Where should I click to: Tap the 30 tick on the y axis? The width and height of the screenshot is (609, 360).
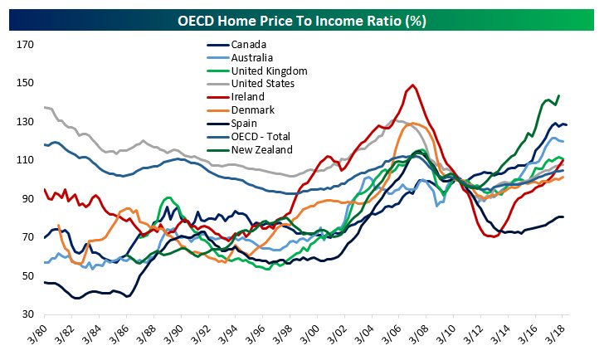26,315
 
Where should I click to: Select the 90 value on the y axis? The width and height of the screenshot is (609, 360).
26,199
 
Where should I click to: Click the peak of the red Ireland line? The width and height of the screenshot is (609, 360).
412,85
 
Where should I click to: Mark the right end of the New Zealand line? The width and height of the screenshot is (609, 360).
558,95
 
